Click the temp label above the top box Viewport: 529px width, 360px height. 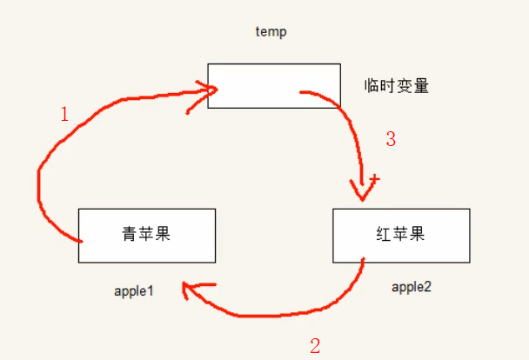point(271,32)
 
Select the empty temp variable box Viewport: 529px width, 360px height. point(273,85)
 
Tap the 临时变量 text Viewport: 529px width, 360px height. point(397,86)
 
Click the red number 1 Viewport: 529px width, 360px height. point(64,113)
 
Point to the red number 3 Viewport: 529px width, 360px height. point(391,138)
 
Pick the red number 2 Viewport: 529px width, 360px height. point(315,346)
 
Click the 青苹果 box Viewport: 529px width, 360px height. point(146,235)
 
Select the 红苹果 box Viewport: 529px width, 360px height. point(401,235)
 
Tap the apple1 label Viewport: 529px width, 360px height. point(133,290)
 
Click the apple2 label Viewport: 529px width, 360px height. point(412,287)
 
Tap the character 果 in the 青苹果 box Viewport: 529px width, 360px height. point(164,235)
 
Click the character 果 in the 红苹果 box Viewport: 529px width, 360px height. point(419,235)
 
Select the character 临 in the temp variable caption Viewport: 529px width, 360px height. point(372,86)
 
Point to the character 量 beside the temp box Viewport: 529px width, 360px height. point(421,86)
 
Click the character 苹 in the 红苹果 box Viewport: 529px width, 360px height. point(401,235)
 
